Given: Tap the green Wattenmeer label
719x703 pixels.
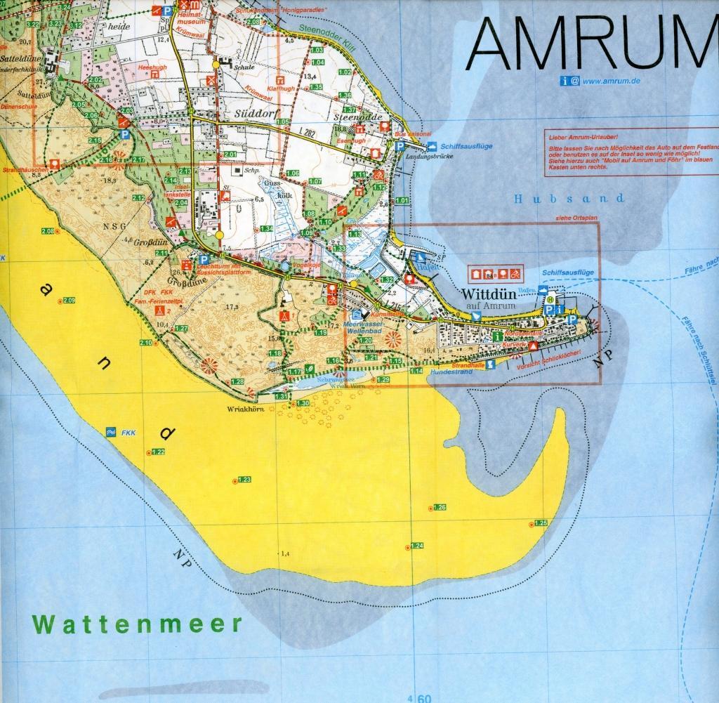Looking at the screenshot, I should coord(138,623).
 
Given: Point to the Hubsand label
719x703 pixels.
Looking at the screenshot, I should coord(568,199).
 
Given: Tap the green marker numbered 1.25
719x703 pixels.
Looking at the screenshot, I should coord(540,523).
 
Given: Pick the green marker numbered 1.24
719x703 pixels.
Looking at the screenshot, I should coord(416,546).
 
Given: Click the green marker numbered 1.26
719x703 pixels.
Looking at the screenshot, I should coord(440,507).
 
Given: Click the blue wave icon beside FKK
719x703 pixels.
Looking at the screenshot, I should coord(110,431).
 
